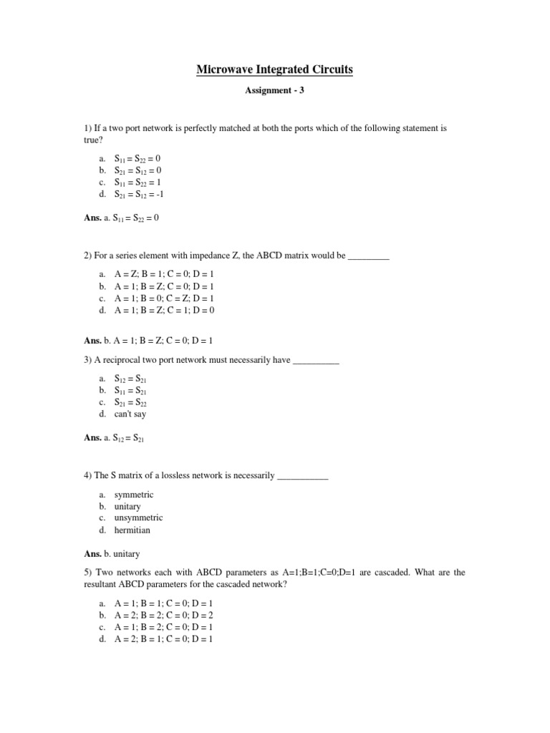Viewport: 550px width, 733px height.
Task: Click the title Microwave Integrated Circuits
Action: click(275, 69)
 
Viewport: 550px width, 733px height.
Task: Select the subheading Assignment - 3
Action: click(275, 91)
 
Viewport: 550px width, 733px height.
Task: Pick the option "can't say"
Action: click(130, 414)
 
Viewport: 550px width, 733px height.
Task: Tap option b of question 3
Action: click(131, 391)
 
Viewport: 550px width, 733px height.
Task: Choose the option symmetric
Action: click(134, 495)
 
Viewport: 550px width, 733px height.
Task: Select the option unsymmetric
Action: click(138, 518)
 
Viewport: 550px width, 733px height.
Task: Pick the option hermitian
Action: click(132, 530)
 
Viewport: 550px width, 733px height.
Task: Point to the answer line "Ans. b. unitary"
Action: click(112, 553)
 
